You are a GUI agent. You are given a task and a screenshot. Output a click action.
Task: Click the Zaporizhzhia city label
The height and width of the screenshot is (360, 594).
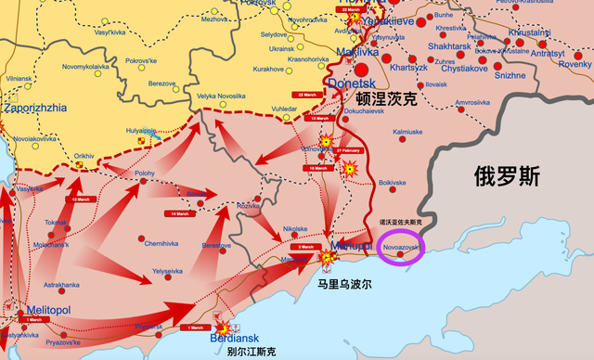click(x=35, y=108)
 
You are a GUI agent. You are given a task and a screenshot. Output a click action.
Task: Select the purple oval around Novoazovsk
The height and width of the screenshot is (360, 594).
click(x=402, y=250)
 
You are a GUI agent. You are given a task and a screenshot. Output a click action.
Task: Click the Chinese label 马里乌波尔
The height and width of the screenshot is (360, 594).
click(x=342, y=285)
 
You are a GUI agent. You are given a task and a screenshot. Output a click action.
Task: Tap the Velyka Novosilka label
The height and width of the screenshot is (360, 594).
click(x=219, y=96)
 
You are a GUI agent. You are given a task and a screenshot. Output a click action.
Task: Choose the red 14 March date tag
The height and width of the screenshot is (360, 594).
click(x=179, y=213)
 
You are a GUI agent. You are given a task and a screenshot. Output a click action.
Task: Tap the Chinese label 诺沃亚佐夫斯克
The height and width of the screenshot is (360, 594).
click(x=401, y=223)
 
